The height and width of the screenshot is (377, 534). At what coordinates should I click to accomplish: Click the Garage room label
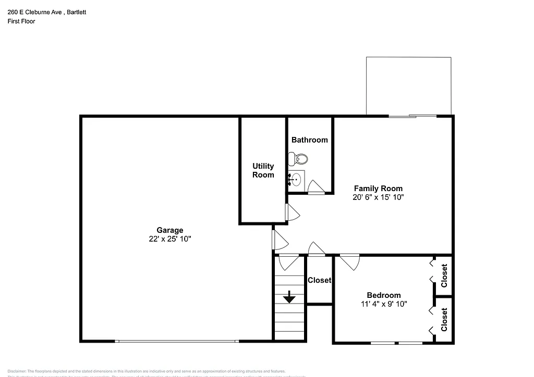click(170, 230)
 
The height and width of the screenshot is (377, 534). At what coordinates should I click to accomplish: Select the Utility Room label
click(263, 170)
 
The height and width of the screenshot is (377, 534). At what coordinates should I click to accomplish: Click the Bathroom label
click(310, 140)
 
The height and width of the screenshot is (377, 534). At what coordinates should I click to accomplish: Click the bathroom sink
click(296, 180)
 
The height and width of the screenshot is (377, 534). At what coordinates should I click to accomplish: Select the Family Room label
click(378, 188)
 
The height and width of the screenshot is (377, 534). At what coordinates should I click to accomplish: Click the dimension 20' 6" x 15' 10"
click(378, 197)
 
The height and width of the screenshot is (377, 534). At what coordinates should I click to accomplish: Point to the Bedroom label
click(383, 295)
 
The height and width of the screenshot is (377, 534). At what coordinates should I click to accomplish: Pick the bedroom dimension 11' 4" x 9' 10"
click(383, 304)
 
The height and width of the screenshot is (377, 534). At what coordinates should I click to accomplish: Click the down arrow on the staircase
click(289, 298)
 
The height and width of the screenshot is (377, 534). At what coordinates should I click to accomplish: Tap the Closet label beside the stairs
click(319, 280)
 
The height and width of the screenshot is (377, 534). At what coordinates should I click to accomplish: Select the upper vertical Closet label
click(444, 276)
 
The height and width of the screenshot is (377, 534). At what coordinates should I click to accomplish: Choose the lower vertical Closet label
click(444, 320)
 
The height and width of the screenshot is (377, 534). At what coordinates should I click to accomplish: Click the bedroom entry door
click(349, 261)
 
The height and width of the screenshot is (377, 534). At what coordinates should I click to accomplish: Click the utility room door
click(292, 212)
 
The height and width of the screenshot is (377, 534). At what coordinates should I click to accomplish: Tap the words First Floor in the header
click(21, 21)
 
